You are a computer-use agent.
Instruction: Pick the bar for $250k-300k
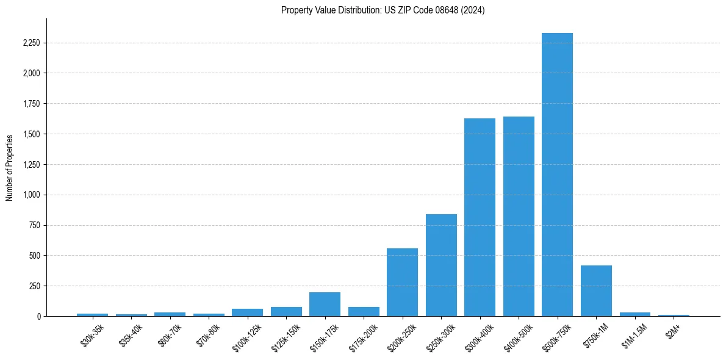click(441, 265)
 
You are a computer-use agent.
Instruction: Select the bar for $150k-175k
click(325, 304)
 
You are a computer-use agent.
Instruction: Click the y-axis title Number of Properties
click(10, 167)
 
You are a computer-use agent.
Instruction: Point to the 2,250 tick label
click(32, 43)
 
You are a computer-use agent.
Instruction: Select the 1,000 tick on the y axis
click(32, 195)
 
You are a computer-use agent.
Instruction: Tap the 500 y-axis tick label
click(35, 256)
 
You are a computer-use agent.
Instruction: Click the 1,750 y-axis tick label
click(32, 104)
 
